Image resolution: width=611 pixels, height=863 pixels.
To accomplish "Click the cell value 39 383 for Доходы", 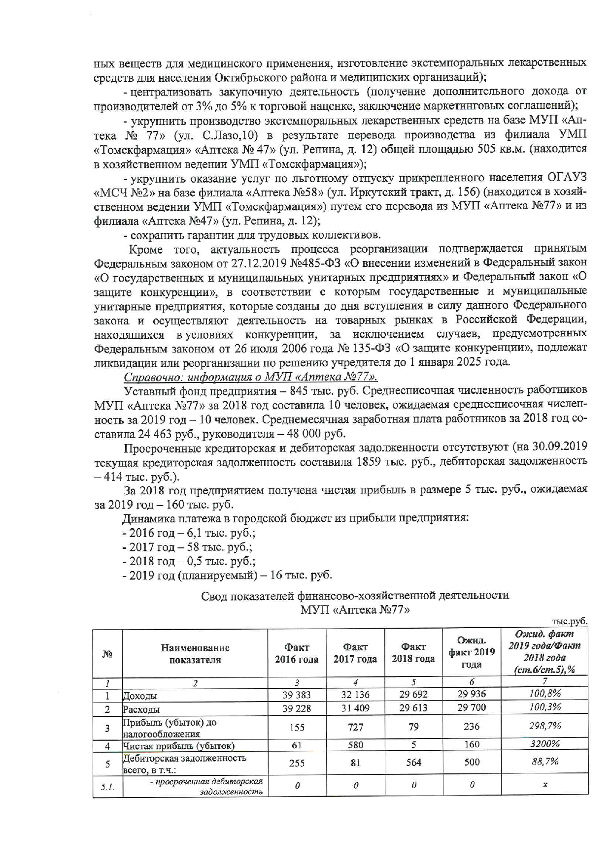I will point(297,694).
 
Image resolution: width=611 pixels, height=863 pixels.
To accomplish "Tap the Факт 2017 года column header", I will point(355,653).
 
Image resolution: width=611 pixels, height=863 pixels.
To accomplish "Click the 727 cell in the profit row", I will point(355,727).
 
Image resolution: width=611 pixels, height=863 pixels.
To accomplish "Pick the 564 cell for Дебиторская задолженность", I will point(413,762).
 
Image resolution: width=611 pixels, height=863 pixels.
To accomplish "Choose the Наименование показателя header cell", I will point(195,654).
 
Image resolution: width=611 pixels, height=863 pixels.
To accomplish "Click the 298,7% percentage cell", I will point(544,726).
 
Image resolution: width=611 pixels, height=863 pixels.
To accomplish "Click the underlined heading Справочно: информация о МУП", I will point(251,377).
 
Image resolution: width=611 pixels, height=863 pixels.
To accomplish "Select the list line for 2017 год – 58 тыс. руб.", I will point(187,547).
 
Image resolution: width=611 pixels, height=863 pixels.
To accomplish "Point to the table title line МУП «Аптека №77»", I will point(355,609).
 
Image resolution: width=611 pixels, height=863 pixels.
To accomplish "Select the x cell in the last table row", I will point(544,786).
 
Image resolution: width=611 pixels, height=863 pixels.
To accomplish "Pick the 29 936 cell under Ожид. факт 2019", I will point(472,694).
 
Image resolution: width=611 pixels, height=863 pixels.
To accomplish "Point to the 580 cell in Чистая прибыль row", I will point(355,745).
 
